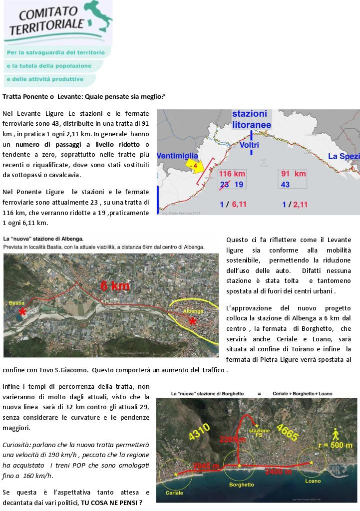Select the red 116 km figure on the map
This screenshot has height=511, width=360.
pos(233,174)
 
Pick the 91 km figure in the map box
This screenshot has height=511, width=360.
pos(294,174)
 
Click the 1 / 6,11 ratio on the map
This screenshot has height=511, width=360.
pos(233,204)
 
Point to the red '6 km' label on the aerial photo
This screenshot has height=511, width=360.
pos(115,286)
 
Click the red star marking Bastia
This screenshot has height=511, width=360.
pos(22,312)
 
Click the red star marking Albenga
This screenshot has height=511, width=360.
pos(192,321)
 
